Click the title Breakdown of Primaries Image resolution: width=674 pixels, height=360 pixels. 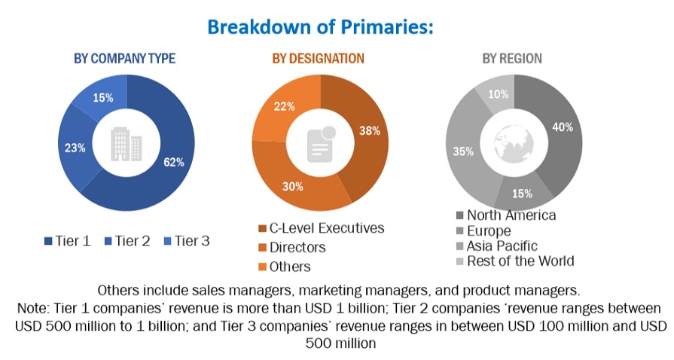click(320, 27)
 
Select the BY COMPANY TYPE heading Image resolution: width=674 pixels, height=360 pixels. click(124, 59)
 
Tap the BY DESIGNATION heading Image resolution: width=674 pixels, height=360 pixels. click(318, 59)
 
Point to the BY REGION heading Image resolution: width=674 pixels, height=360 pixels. click(512, 59)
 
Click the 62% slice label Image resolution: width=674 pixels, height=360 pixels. click(173, 162)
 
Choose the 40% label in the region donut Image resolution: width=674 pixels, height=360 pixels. click(563, 127)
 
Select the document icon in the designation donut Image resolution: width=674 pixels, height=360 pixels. click(321, 142)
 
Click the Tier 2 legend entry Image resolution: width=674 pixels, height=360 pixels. click(128, 242)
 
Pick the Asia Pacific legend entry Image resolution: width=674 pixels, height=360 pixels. click(502, 246)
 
